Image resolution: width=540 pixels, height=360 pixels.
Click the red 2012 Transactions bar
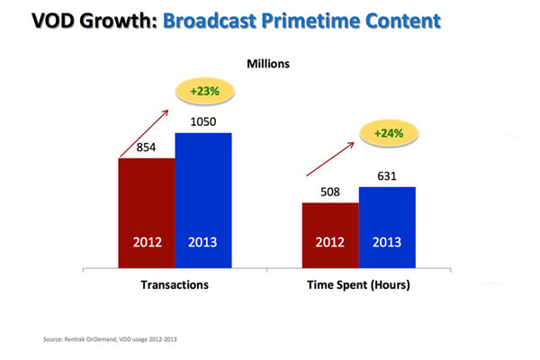coord(147,211)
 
